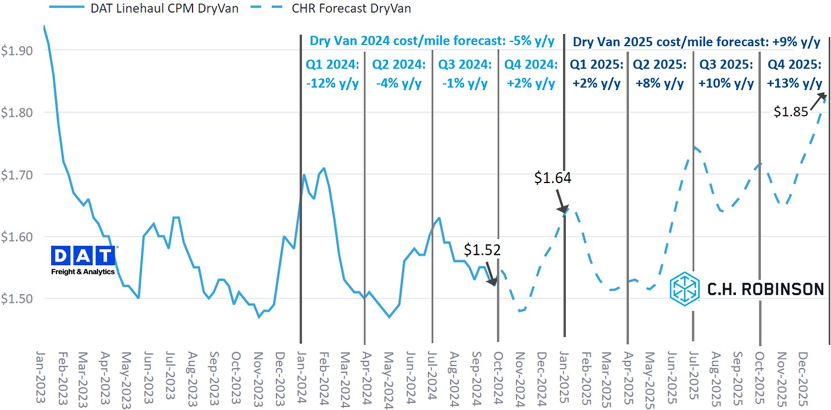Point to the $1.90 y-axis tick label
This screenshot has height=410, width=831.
click(x=17, y=50)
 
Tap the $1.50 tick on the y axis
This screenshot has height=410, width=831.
click(x=17, y=299)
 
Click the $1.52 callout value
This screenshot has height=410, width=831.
click(x=482, y=250)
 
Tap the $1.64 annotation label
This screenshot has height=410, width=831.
click(x=552, y=178)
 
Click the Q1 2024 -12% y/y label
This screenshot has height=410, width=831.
click(x=332, y=74)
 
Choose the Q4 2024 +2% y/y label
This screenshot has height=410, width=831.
click(x=530, y=74)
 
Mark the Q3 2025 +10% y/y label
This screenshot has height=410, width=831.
click(x=726, y=74)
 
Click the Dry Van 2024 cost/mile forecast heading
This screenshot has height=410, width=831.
click(x=432, y=42)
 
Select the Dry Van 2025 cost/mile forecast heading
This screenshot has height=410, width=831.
click(x=696, y=42)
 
